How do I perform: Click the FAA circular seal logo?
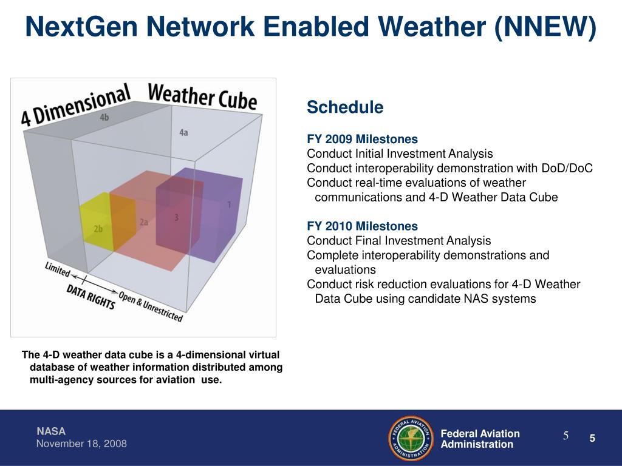pos(411,438)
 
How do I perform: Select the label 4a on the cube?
pos(183,132)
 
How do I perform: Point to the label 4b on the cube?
pos(104,117)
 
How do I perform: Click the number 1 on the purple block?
pos(229,204)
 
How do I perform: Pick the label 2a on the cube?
pos(144,222)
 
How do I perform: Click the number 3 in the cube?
pos(176,217)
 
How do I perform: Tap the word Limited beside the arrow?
pos(58,269)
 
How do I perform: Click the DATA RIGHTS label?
pos(91,297)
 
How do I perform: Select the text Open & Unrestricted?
pos(151,306)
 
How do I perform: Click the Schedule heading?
pos(345,107)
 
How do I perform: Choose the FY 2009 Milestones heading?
pos(362,139)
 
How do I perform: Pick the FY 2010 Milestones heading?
pos(362,226)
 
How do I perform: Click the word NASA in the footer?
pos(51,431)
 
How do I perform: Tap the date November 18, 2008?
pos(81,444)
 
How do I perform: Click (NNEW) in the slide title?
pos(545,27)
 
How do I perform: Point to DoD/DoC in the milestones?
pos(567,168)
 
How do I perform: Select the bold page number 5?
pos(592,438)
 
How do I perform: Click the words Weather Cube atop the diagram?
pos(202,97)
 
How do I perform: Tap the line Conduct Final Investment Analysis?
pos(398,240)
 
